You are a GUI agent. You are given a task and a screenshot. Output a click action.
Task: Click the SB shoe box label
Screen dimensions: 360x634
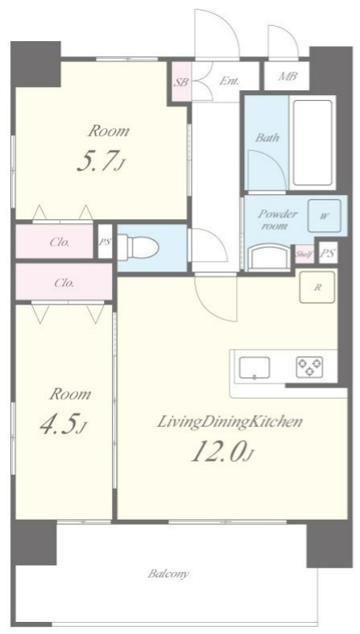click(x=181, y=82)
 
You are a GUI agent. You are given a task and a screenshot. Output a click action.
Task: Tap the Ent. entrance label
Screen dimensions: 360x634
click(x=229, y=81)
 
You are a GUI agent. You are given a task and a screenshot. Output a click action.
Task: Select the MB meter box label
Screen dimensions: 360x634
click(x=288, y=76)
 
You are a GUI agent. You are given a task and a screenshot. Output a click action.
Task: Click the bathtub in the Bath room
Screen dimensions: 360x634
click(x=312, y=143)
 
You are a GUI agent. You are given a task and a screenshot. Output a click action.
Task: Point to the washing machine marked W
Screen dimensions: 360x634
click(x=324, y=216)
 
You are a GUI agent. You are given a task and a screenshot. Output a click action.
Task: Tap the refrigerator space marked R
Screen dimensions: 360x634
click(x=317, y=288)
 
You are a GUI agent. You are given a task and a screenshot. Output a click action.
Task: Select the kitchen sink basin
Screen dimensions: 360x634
click(x=254, y=368)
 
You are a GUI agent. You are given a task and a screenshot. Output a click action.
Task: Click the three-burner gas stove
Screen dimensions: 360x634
click(x=310, y=367)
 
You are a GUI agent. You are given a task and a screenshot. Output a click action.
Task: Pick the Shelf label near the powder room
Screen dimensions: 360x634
click(x=304, y=254)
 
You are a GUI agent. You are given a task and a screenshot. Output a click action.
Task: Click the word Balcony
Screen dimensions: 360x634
click(x=168, y=574)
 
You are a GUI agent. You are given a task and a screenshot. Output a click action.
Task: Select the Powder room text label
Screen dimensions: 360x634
click(x=278, y=219)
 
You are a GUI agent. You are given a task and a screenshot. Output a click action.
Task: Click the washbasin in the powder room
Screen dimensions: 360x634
click(x=269, y=258)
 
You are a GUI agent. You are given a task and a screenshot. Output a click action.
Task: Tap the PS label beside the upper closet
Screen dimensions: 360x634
click(x=105, y=242)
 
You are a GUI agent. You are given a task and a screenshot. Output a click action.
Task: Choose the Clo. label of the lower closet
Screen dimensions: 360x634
click(x=64, y=283)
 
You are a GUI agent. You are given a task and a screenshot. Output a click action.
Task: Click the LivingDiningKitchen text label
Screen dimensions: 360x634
click(x=229, y=423)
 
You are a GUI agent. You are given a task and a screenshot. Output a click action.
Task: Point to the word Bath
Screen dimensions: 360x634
click(x=267, y=138)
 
